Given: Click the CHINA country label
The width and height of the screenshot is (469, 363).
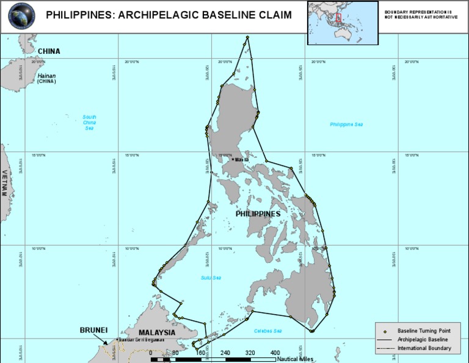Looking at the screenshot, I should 49,51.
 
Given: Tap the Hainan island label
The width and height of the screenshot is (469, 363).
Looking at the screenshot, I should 46,76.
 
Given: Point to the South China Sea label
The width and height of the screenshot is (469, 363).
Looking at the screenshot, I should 90,122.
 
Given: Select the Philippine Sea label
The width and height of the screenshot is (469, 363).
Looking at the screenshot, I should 346,125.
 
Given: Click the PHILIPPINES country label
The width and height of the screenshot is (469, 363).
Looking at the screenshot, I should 258,214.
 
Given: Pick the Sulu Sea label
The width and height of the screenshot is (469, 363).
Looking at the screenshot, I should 210,277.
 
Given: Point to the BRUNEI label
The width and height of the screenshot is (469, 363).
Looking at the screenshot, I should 93,330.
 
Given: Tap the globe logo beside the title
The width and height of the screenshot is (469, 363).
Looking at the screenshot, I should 21,16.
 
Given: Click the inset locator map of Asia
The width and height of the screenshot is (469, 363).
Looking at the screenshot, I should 339,22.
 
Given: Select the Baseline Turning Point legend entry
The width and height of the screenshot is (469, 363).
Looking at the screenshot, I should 424,330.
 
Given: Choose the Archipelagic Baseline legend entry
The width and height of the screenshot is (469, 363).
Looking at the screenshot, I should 423,339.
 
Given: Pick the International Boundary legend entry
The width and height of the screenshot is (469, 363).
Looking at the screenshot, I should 424,348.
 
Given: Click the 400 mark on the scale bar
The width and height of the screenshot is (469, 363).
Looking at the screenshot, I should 275,353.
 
